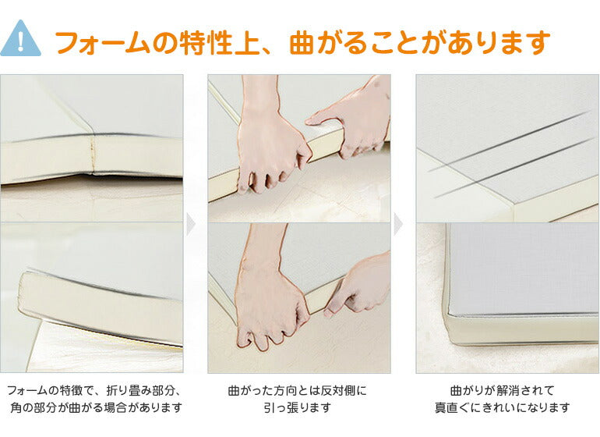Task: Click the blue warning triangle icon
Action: point(20,38)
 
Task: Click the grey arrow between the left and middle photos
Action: point(191,225)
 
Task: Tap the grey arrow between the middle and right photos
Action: point(398,225)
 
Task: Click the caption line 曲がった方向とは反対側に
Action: point(298,391)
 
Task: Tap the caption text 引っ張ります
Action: point(298,407)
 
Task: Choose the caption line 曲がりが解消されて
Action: point(503,391)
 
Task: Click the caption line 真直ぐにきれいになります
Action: point(503,407)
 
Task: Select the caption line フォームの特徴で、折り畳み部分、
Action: point(94,391)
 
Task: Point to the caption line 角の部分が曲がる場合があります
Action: point(96,407)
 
